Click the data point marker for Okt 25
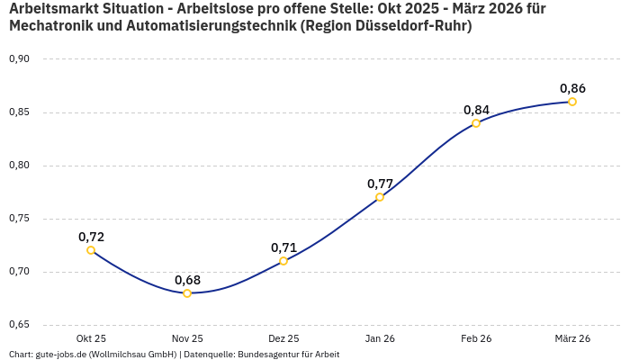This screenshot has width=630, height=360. [91, 250]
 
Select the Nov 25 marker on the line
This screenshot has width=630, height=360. [187, 293]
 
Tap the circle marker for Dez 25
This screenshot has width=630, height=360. [283, 261]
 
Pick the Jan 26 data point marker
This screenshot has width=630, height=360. [380, 197]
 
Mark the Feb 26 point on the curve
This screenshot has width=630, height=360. [476, 123]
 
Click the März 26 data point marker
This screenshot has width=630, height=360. [572, 102]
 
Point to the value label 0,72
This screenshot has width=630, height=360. [91, 237]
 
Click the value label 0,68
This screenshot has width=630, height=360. [187, 280]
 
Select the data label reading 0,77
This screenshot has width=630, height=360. [380, 184]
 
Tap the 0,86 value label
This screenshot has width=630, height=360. [572, 88]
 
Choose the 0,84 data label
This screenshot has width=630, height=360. [476, 110]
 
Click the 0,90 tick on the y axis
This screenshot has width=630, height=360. [19, 59]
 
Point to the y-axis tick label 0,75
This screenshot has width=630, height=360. [19, 219]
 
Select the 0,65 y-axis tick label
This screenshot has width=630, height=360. [19, 325]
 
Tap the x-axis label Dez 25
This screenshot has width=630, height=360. [283, 338]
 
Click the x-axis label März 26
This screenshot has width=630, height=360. [572, 338]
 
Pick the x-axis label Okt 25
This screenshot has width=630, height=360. [91, 338]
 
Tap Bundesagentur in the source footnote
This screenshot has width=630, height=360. [267, 355]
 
